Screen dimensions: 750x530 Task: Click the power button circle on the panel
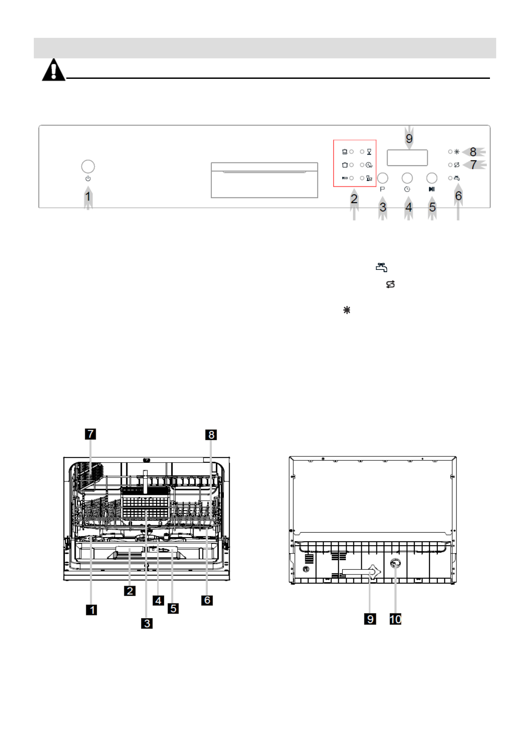(x=88, y=166)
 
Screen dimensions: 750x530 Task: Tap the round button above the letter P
(x=382, y=178)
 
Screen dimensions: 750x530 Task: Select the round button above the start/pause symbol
(x=432, y=178)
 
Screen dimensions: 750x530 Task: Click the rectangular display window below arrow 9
(x=407, y=158)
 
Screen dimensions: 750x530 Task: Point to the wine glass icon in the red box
(x=369, y=152)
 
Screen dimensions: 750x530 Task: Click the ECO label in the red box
(x=344, y=178)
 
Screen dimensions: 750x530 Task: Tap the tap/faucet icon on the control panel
(x=457, y=178)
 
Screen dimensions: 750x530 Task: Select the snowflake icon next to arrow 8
(x=457, y=152)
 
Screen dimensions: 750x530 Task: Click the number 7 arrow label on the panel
(x=473, y=165)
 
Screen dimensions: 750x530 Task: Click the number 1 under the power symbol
(x=88, y=196)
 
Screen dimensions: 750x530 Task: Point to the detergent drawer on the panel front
(x=264, y=180)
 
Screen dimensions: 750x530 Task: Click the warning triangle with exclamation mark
(x=53, y=70)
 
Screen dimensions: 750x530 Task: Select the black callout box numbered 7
(x=91, y=434)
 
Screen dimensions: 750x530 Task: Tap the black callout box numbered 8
(x=211, y=434)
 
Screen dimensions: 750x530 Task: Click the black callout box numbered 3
(x=147, y=623)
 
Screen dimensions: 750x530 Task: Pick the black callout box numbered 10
(x=395, y=619)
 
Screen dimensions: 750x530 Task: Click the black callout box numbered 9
(x=370, y=619)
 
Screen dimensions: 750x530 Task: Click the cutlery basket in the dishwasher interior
(x=146, y=502)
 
